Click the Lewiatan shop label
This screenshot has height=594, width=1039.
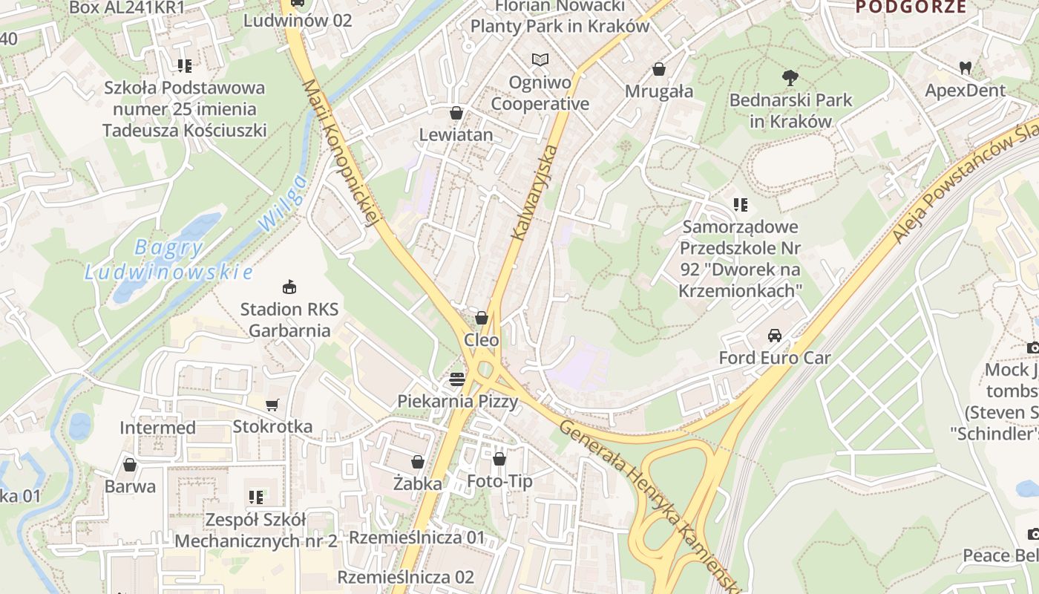click(x=456, y=134)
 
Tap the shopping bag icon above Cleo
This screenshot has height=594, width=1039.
click(x=482, y=318)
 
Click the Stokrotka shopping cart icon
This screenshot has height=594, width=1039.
click(x=272, y=405)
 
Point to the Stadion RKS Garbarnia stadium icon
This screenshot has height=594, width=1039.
click(x=289, y=287)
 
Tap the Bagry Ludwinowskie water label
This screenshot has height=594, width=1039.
click(x=168, y=260)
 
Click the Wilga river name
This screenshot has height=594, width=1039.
click(x=282, y=203)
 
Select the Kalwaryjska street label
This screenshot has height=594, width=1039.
click(x=533, y=193)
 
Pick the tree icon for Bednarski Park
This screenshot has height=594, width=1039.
click(x=790, y=76)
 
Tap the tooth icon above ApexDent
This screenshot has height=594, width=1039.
click(x=965, y=68)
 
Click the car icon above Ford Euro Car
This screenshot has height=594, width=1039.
click(x=775, y=335)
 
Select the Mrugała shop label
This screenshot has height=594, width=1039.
click(x=659, y=91)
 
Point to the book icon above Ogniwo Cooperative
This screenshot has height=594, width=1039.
click(x=540, y=59)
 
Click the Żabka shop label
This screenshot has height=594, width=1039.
click(x=418, y=483)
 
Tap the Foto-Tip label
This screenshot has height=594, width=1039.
click(x=499, y=481)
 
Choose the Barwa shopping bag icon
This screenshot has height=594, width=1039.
click(x=130, y=465)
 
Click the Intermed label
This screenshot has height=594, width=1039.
click(x=158, y=428)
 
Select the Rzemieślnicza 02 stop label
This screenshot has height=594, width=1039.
click(x=405, y=577)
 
